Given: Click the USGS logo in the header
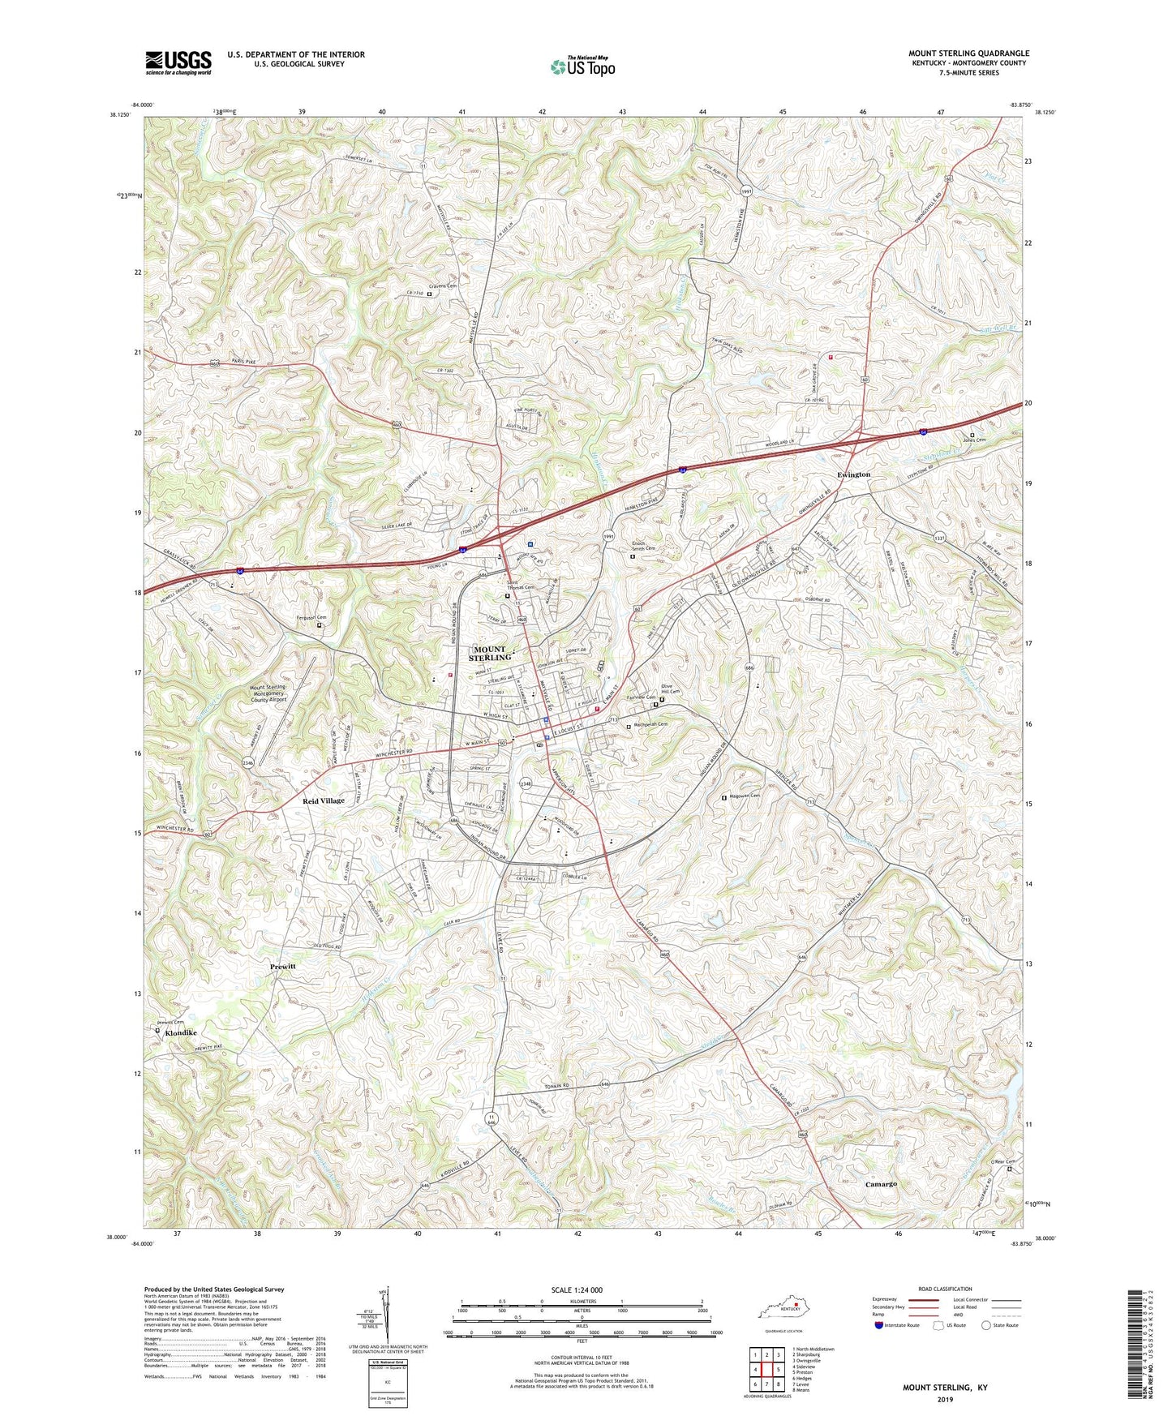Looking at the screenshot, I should pyautogui.click(x=178, y=62).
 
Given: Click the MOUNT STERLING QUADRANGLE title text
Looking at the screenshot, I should pyautogui.click(x=968, y=54).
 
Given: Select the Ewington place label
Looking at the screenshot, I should pyautogui.click(x=853, y=474).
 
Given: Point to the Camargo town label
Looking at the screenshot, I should pyautogui.click(x=881, y=1185).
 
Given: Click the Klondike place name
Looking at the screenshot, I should pyautogui.click(x=181, y=1033).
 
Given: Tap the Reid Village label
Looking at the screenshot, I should pyautogui.click(x=324, y=800).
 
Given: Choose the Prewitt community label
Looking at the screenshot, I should pyautogui.click(x=283, y=968).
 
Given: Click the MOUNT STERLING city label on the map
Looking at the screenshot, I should pyautogui.click(x=491, y=654).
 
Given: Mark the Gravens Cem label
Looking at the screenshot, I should pyautogui.click(x=444, y=286).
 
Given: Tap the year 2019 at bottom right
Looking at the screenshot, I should pyautogui.click(x=944, y=1399).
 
